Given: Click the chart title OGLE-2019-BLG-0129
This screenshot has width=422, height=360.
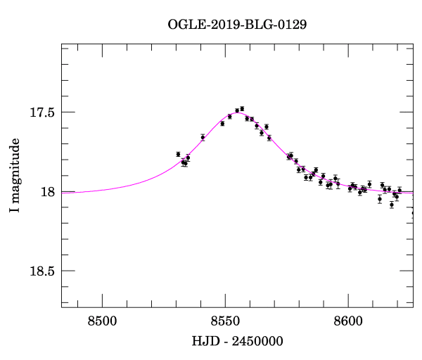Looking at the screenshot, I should (237, 25).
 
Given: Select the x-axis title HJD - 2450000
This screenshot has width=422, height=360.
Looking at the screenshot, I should (238, 341).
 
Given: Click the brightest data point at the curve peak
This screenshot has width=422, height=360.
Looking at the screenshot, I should (242, 109).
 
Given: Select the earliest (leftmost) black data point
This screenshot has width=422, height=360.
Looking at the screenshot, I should (178, 154).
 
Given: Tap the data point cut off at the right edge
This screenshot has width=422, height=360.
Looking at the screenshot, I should (413, 212).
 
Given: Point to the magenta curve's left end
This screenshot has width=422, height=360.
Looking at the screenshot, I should (63, 192).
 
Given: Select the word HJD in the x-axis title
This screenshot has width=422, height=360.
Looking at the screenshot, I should (205, 341).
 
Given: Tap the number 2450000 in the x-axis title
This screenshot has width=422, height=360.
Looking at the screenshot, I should (257, 341).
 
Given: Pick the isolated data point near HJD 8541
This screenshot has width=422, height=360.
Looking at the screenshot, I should (203, 137).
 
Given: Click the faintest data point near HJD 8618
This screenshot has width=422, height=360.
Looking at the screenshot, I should (392, 205).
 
